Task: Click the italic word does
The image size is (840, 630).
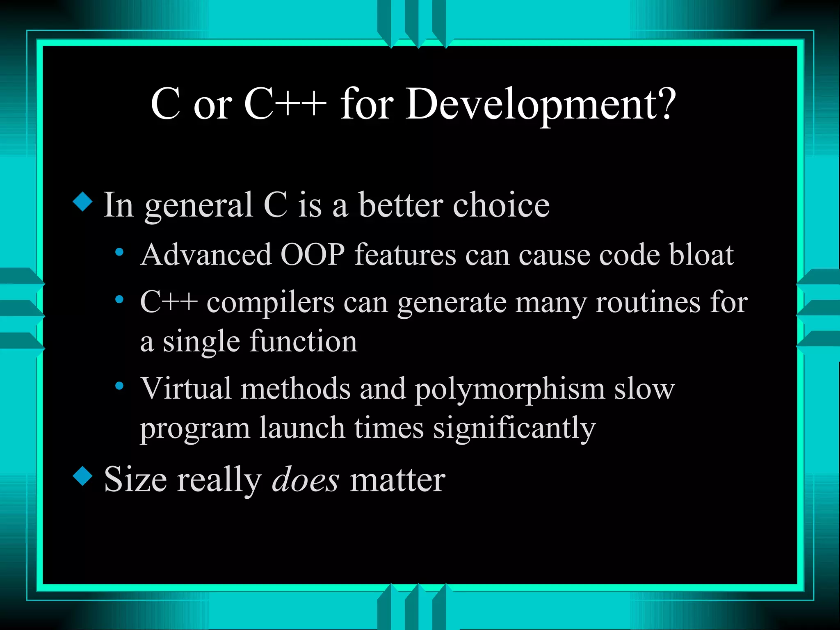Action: point(306,479)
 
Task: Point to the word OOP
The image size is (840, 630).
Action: point(313,255)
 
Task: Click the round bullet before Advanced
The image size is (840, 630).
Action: point(119,252)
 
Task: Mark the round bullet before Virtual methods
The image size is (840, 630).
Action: point(119,386)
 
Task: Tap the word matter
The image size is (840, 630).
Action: point(397,479)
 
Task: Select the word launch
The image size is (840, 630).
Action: point(302,428)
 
